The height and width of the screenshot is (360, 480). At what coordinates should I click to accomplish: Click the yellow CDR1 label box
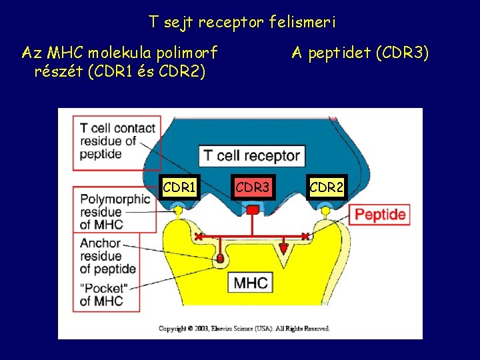coord(179,189)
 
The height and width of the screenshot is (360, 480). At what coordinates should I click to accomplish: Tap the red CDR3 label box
coord(253,189)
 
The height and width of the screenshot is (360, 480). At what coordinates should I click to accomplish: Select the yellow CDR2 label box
coord(327,189)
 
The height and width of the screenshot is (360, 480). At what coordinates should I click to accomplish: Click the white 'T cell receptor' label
coord(251,157)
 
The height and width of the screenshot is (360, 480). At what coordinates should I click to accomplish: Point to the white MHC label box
coord(251,283)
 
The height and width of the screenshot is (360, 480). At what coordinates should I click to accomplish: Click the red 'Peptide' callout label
coord(380,215)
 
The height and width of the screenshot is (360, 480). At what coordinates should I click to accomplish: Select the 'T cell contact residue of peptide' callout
coord(117,141)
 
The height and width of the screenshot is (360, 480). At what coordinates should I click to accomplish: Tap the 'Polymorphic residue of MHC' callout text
coord(115,211)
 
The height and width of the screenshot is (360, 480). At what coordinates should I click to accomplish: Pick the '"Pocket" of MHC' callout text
coord(102,294)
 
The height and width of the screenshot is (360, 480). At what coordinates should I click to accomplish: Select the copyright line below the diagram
coord(244,329)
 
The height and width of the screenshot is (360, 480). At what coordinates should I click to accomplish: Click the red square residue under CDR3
coord(253,211)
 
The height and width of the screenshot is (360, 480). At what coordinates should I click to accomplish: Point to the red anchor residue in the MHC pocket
coord(219,258)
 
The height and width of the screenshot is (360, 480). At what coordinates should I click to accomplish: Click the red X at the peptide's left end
coord(199,237)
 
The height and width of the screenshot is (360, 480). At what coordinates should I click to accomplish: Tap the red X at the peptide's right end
coord(305,237)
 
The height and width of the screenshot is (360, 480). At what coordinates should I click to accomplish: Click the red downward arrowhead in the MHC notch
coord(283,249)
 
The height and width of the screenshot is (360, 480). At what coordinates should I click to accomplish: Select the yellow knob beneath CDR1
coord(178,211)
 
